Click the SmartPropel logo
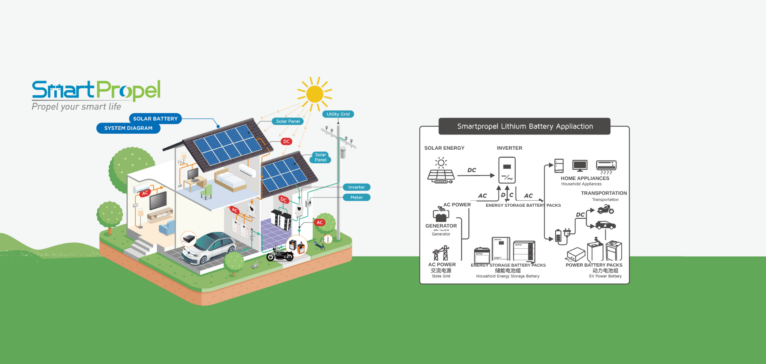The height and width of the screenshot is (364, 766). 96,90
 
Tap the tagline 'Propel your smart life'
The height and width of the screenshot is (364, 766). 76,107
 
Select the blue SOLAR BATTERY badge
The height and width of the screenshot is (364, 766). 155,119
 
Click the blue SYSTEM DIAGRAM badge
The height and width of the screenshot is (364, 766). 128,128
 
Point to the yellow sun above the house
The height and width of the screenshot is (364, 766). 315,94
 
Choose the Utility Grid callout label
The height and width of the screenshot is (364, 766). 338,114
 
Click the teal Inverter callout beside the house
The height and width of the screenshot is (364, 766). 356,187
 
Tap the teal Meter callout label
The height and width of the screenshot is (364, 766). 356,198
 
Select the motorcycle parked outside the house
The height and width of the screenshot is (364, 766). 280,254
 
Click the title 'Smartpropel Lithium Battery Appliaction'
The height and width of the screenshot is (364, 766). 525,127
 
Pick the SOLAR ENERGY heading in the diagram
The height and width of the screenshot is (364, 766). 444,148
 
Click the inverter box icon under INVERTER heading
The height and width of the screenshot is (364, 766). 507,170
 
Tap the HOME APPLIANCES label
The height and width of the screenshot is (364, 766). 584,178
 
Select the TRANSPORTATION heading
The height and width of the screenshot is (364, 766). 604,193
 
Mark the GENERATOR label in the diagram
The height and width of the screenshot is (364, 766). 441,226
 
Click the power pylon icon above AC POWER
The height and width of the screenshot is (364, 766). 441,253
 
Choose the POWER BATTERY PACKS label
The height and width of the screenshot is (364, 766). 594,265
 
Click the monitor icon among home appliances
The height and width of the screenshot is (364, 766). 580,165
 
